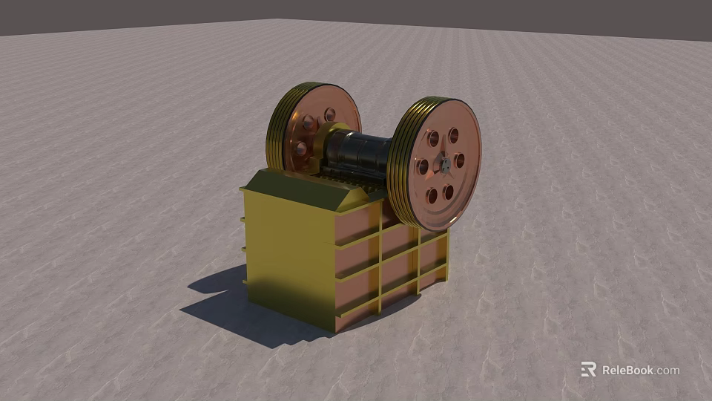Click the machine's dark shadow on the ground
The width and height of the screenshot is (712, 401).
pyautogui.click(x=222, y=304)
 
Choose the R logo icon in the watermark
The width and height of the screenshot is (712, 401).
pyautogui.click(x=588, y=369)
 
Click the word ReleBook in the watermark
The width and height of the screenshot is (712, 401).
pyautogui.click(x=627, y=370)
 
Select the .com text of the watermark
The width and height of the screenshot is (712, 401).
pyautogui.click(x=667, y=371)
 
